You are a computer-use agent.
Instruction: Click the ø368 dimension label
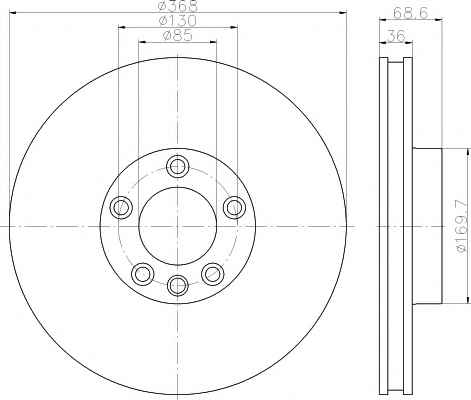click(x=178, y=6)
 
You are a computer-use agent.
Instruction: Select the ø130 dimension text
click(x=178, y=21)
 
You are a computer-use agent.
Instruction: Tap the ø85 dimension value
click(x=178, y=35)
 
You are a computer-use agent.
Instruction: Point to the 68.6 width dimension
click(x=410, y=13)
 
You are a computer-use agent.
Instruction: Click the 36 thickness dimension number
click(x=396, y=36)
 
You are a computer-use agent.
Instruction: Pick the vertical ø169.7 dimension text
click(x=463, y=226)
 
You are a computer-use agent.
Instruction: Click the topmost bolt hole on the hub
click(x=177, y=166)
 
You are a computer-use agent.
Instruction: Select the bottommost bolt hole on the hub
click(x=178, y=285)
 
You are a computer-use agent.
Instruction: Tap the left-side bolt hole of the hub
click(x=121, y=208)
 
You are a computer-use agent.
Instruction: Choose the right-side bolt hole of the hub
click(x=234, y=207)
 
